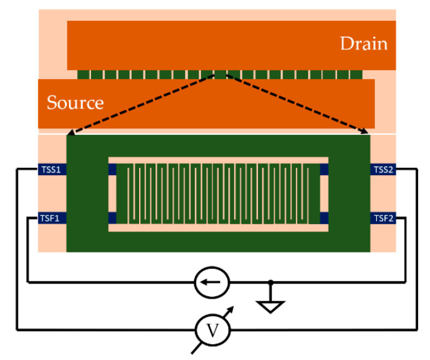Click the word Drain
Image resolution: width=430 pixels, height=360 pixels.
pos(363,44)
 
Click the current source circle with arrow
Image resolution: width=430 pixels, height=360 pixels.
pos(211,282)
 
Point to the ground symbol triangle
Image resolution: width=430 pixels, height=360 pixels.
pos(271,306)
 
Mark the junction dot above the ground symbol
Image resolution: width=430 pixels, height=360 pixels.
pos(271,282)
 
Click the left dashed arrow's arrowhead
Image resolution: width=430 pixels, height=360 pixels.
pos(70,132)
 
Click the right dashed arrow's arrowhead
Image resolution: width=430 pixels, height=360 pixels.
pos(365,132)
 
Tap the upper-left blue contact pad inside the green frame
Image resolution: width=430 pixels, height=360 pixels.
pos(113,170)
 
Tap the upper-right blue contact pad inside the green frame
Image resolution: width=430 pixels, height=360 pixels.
pos(324,170)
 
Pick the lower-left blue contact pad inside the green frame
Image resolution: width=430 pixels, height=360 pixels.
pos(113,218)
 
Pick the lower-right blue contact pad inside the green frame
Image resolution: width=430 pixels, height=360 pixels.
pos(324,218)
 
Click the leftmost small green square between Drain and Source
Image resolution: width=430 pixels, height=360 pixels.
pos(83,75)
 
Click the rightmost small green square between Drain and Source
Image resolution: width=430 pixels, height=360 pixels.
pos(357,75)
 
